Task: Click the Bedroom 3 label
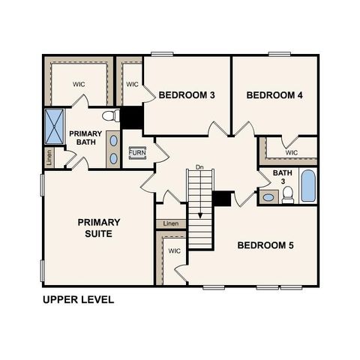click(187, 95)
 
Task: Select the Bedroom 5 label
click(265, 245)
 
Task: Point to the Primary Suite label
click(99, 227)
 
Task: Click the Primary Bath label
click(85, 138)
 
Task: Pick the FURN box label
click(137, 152)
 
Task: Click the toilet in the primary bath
click(111, 116)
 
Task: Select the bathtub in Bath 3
click(308, 185)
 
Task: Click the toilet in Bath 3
click(287, 195)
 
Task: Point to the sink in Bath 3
click(268, 198)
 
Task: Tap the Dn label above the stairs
click(199, 166)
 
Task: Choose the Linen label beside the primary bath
click(49, 157)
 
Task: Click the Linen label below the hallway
click(171, 223)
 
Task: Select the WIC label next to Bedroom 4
click(292, 152)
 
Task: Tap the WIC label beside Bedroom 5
click(174, 251)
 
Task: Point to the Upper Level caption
click(78, 299)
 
